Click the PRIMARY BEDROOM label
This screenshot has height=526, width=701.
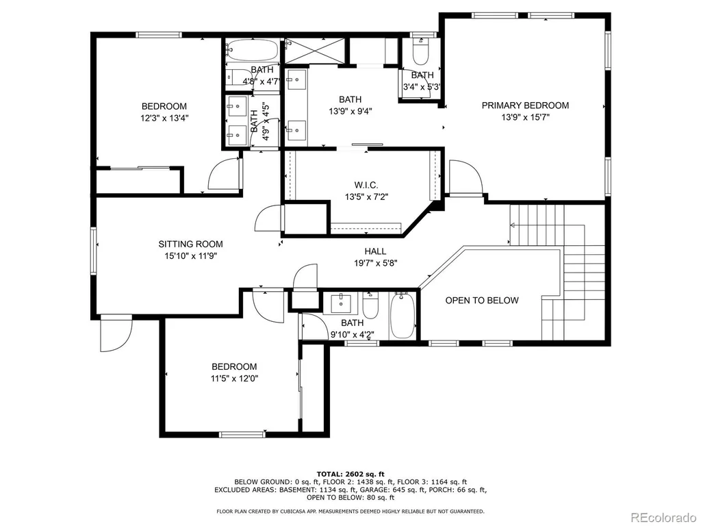click(525, 105)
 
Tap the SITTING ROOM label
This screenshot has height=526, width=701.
click(190, 245)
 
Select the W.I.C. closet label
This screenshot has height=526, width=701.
click(366, 185)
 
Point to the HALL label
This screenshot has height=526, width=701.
click(376, 251)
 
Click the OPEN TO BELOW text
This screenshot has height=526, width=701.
click(482, 301)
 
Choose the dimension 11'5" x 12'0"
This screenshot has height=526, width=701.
click(235, 379)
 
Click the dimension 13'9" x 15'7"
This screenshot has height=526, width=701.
click(525, 118)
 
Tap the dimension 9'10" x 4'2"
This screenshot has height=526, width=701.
click(353, 334)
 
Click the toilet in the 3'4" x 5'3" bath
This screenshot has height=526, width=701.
click(421, 52)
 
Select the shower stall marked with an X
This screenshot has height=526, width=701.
click(315, 51)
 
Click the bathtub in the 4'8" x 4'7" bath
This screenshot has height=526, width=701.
click(252, 51)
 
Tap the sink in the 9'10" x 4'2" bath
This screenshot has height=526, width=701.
click(343, 303)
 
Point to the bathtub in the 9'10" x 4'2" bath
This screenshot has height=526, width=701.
click(403, 316)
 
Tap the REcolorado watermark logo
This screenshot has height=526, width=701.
click(663, 517)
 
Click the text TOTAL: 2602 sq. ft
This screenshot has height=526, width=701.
click(350, 474)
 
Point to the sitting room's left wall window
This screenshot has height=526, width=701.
click(93, 251)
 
